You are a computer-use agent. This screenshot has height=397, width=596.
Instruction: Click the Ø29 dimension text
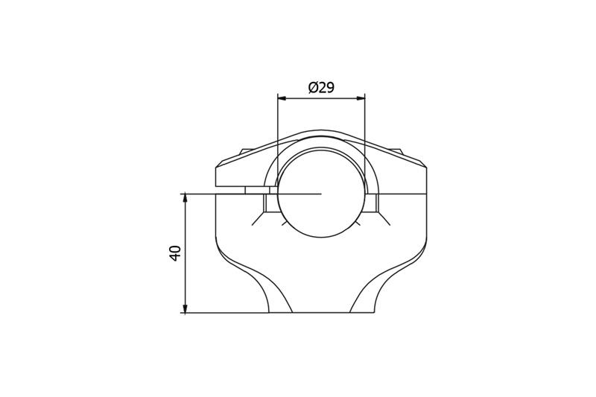[x=321, y=87]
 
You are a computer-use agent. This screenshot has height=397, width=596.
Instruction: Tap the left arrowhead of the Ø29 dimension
[x=280, y=97]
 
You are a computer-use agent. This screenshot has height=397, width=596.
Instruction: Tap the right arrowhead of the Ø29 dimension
[x=362, y=97]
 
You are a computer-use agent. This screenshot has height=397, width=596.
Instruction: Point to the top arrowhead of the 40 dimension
[x=184, y=197]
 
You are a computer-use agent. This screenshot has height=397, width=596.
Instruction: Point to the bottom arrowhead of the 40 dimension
[x=184, y=309]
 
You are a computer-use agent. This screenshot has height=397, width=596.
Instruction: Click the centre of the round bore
[x=321, y=194]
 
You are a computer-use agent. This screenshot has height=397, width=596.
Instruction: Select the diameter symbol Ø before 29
[x=313, y=87]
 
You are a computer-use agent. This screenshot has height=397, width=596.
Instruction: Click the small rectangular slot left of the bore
[x=256, y=190]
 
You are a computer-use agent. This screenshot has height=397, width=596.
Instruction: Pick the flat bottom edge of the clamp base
[x=321, y=313]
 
